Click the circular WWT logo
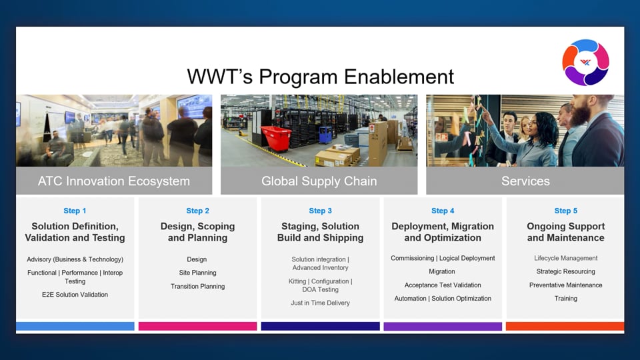[x=585, y=63]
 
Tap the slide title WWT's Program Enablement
[x=321, y=77]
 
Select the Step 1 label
[x=75, y=211]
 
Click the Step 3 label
[x=321, y=211]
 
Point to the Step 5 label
[x=566, y=211]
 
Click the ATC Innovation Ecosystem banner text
[x=114, y=181]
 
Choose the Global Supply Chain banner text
[x=319, y=181]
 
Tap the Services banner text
[x=525, y=181]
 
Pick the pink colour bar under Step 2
[x=197, y=326]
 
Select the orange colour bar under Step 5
[x=565, y=326]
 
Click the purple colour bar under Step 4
[x=443, y=326]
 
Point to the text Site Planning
[x=197, y=273]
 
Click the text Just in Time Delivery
[x=321, y=303]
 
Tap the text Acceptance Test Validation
[x=443, y=285]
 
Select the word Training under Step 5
[x=566, y=299]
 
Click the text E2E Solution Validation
[x=75, y=294]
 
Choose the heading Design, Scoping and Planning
[x=197, y=232]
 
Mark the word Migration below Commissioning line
[x=442, y=271]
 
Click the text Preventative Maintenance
[x=566, y=285]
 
